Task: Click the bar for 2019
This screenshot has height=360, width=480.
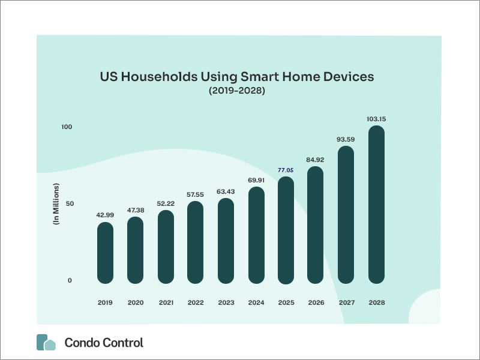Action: (106, 253)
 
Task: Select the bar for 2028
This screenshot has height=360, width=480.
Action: (377, 205)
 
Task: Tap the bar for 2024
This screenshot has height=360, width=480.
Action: (257, 235)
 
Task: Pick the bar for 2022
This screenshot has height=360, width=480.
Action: (196, 242)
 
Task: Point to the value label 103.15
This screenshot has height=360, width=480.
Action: (377, 119)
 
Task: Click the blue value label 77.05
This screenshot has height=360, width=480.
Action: (286, 170)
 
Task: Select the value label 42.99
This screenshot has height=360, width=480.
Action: (105, 215)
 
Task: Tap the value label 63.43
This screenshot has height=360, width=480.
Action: (226, 191)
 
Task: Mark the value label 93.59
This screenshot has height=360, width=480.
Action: (346, 139)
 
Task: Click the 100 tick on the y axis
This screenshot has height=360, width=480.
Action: (67, 127)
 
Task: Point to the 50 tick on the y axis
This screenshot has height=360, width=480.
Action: (70, 203)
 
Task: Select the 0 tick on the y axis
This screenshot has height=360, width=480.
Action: (70, 280)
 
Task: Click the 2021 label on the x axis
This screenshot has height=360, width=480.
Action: (166, 302)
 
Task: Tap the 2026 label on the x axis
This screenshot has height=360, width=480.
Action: (316, 302)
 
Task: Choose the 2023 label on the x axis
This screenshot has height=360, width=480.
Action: (226, 302)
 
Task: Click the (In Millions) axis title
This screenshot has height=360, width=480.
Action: (56, 204)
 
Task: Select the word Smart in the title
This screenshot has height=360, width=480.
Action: (260, 77)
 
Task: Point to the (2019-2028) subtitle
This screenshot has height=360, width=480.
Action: (237, 91)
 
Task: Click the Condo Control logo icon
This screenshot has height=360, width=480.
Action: (46, 342)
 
